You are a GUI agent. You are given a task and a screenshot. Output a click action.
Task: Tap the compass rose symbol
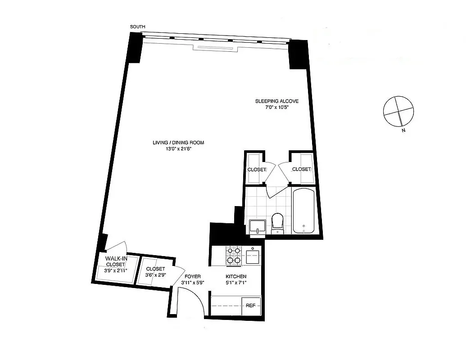tap(397, 111)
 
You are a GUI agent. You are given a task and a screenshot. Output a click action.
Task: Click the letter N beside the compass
tap(403, 131)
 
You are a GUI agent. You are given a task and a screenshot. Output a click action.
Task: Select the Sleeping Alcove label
tap(276, 101)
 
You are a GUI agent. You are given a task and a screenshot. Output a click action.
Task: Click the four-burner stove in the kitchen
tap(233, 255)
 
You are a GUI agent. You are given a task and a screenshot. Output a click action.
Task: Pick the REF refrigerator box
tap(251, 306)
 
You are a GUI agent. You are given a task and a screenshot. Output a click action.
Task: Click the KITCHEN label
tap(236, 276)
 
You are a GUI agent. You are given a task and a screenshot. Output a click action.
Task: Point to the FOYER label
tap(191, 276)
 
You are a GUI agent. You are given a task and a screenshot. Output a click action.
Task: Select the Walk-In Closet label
tap(115, 261)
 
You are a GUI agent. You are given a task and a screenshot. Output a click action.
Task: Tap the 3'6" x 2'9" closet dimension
tap(155, 275)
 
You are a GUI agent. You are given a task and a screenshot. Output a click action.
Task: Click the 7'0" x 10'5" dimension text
tap(276, 108)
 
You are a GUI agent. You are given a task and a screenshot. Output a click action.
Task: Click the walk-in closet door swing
tap(118, 248)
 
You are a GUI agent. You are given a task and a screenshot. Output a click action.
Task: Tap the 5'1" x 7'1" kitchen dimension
tap(236, 283)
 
